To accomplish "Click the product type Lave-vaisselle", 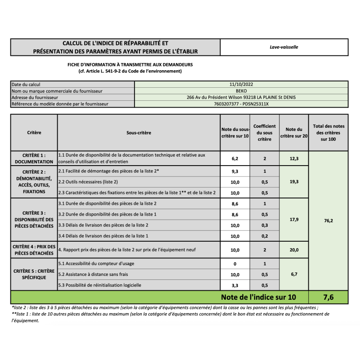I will (x=284, y=47).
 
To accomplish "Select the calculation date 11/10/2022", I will (x=241, y=84).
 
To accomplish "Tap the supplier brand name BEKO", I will (x=241, y=90).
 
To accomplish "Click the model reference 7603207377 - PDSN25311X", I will (x=241, y=104).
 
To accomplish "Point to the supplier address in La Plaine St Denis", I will (x=241, y=97).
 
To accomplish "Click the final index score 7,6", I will (x=328, y=297).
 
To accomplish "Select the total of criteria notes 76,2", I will (x=328, y=220).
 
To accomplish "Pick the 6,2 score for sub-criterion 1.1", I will (x=235, y=159).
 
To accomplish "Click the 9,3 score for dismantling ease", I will (x=235, y=171).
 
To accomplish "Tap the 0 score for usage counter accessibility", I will (x=235, y=264).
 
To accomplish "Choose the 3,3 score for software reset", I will (x=235, y=285).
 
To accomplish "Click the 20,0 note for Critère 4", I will (x=294, y=250).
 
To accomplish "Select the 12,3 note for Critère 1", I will (x=294, y=159).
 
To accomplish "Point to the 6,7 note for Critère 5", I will (x=294, y=274).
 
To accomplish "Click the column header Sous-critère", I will (x=139, y=133).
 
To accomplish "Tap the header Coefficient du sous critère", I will (x=265, y=133).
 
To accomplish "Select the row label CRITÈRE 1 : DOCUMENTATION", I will (x=34, y=158).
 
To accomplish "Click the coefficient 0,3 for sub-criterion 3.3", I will (x=265, y=225).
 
